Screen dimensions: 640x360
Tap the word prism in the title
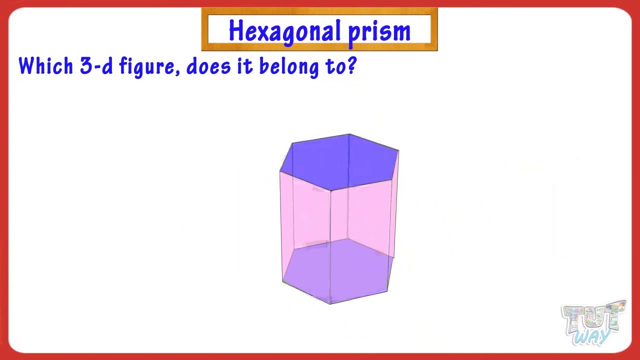[x=379, y=32]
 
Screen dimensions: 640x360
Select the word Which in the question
[x=45, y=65]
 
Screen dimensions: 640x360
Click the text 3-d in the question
[x=96, y=65]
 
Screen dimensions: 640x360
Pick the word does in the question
[x=208, y=66]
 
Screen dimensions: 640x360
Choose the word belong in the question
[x=289, y=67]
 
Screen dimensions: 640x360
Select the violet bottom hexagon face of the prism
[x=337, y=271]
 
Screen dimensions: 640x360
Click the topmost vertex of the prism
[x=349, y=134]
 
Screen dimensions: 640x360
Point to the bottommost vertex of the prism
[x=330, y=304]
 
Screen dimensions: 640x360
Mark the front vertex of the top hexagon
[x=330, y=190]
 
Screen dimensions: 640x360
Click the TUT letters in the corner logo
[x=593, y=316]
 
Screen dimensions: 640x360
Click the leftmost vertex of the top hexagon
[x=280, y=171]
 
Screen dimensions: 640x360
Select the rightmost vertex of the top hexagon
[x=398, y=150]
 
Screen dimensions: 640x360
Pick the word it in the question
[x=245, y=66]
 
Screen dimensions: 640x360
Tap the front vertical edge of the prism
[x=330, y=247]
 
